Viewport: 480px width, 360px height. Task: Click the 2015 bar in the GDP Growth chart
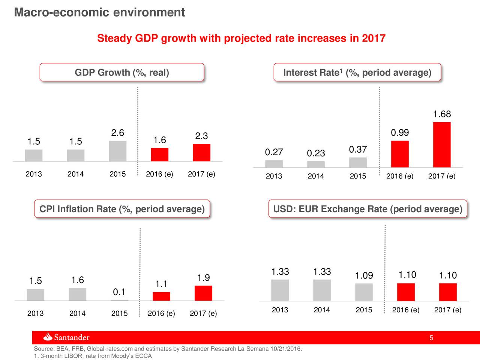point(118,151)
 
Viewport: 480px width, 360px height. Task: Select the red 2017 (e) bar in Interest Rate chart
point(442,145)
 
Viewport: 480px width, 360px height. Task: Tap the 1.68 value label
point(442,114)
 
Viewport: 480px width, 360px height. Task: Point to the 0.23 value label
point(316,153)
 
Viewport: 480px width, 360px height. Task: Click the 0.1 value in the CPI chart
point(119,292)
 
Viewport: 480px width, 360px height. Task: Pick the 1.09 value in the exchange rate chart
point(364,276)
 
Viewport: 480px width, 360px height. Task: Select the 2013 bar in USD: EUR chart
point(280,290)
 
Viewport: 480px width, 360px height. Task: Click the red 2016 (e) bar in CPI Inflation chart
point(161,296)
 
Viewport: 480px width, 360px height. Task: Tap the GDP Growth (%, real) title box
point(122,72)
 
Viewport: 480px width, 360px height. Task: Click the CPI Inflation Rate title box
point(122,209)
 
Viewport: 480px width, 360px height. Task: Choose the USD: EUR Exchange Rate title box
point(367,209)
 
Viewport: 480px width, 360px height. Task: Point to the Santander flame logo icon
point(48,337)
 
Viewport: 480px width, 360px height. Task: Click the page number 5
point(431,338)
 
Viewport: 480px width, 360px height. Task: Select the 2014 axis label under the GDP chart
point(75,174)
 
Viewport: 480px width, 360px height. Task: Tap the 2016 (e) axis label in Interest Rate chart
point(399,176)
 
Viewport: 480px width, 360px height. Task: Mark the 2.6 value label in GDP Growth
point(118,133)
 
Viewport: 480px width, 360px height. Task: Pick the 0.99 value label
point(400,133)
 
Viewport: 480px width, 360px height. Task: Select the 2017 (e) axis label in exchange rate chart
point(447,310)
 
